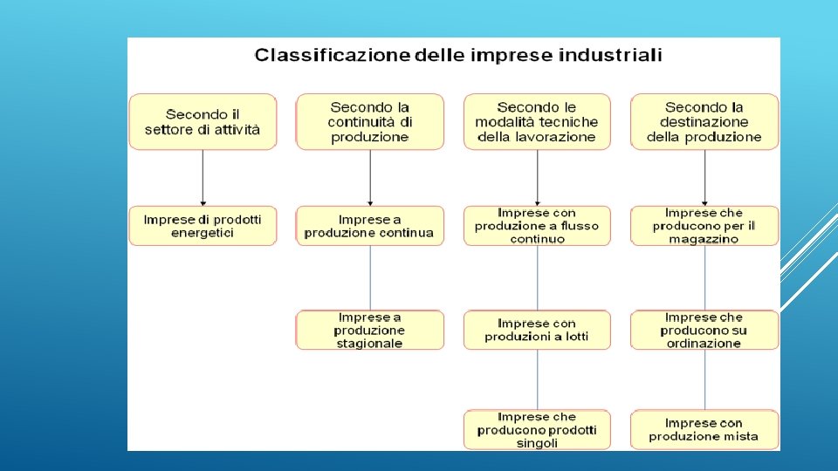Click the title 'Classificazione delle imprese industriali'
457,56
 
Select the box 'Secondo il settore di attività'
203,122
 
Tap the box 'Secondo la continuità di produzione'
370,122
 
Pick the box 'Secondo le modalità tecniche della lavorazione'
537,122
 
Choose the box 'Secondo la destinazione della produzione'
704,122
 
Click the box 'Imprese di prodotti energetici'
203,226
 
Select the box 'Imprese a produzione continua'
370,226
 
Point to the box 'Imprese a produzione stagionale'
370,331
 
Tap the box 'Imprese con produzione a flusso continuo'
537,226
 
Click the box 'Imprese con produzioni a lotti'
537,331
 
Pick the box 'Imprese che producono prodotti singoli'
537,430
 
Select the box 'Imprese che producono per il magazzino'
704,226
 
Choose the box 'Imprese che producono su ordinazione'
704,331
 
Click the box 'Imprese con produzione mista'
704,430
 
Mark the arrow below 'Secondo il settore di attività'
203,178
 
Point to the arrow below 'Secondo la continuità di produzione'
370,178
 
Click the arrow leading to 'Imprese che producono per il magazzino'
704,178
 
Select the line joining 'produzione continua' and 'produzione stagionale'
370,277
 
